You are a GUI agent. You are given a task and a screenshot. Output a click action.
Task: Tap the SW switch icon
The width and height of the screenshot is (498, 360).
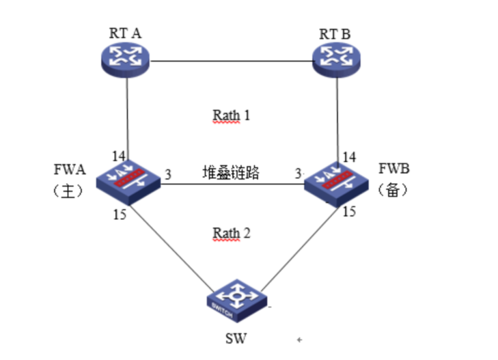(x=236, y=300)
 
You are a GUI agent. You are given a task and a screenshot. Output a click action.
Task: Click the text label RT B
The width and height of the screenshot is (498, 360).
(x=335, y=33)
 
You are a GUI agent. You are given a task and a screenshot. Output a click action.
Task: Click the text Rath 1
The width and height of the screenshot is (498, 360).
(x=231, y=115)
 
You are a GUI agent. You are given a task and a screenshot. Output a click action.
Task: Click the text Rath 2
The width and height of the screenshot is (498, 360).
(x=231, y=233)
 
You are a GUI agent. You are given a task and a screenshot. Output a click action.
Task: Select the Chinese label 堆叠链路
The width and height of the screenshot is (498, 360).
(x=231, y=172)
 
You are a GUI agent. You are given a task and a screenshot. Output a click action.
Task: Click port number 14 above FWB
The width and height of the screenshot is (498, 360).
(x=349, y=156)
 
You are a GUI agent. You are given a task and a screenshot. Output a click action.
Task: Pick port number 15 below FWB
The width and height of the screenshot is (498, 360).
(x=349, y=211)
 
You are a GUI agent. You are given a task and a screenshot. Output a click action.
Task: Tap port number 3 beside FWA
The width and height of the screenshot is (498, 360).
(x=168, y=174)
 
